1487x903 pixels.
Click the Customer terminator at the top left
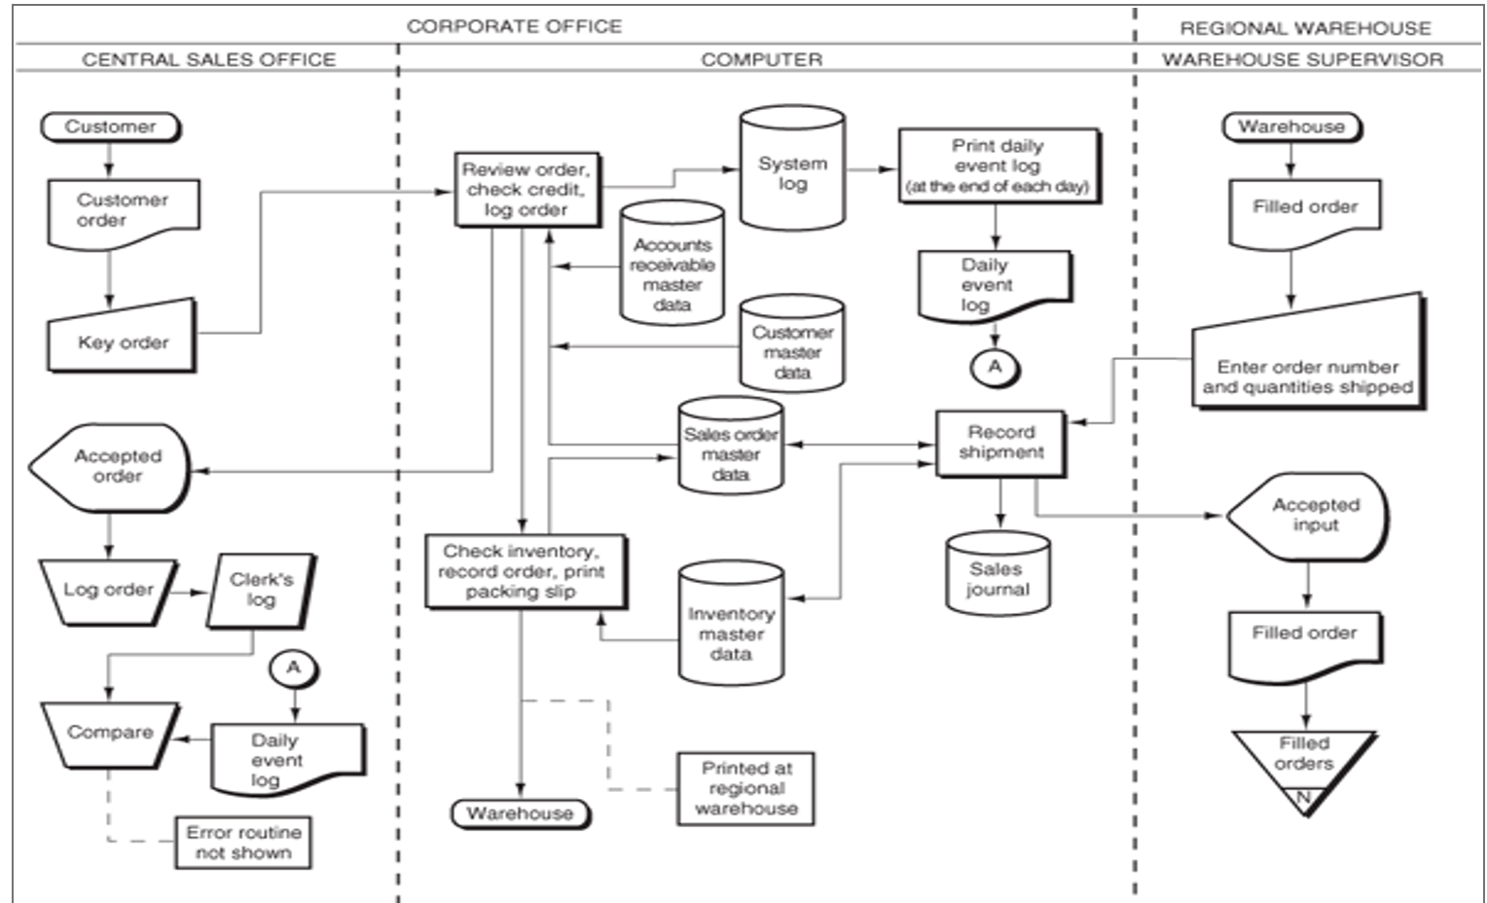tap(110, 126)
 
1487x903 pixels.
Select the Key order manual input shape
tap(123, 341)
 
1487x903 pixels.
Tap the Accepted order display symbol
tap(113, 467)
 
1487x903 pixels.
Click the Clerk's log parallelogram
tap(261, 590)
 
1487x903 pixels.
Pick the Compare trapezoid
tap(110, 732)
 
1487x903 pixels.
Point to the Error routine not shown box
tap(243, 843)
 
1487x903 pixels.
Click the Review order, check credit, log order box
tap(526, 190)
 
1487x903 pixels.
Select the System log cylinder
tap(792, 171)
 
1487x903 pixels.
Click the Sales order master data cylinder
tap(730, 448)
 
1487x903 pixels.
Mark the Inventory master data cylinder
tap(730, 627)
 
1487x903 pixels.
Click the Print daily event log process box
tap(997, 165)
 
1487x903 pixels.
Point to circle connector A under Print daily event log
tap(995, 367)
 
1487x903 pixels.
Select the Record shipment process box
tap(1000, 443)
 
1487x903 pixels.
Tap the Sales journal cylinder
tap(997, 574)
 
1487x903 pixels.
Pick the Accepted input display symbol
tap(1310, 516)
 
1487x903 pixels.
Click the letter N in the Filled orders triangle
tap(1303, 797)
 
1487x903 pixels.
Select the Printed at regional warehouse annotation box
tap(745, 788)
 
